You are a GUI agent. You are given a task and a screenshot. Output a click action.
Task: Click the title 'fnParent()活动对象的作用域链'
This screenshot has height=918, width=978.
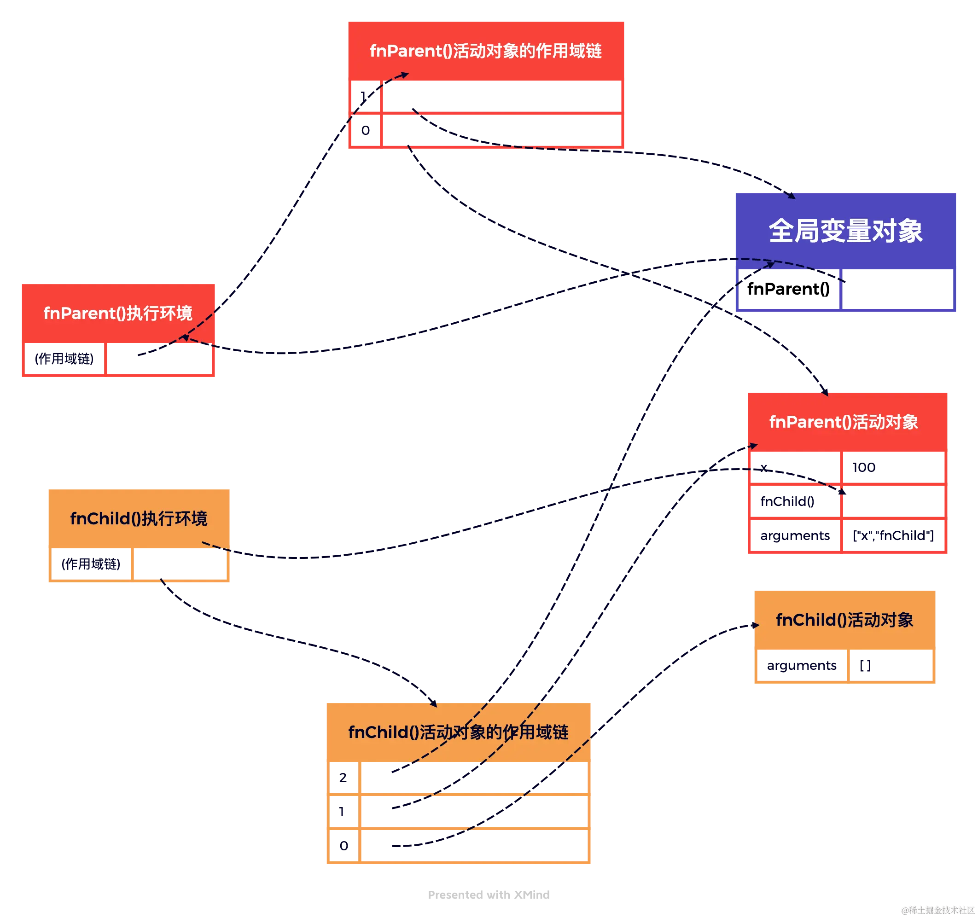pos(486,51)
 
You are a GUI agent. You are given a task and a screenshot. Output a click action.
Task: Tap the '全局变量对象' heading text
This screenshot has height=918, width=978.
pos(845,231)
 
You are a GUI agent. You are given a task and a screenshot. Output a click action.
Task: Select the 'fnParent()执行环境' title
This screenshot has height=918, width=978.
pos(117,314)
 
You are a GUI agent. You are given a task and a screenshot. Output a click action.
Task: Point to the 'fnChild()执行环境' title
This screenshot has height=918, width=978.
pos(139,518)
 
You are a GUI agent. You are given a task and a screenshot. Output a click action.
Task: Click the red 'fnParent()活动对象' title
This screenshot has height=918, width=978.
pos(843,422)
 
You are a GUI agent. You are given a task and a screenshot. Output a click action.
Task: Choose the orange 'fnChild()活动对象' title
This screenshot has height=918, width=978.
pos(844,620)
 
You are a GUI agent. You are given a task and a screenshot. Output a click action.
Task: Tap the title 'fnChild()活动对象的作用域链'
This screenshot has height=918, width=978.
pos(458,732)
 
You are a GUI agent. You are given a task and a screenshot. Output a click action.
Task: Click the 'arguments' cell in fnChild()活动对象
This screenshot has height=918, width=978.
pos(801,665)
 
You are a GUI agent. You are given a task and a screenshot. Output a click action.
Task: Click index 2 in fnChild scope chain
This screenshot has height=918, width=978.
pos(344,777)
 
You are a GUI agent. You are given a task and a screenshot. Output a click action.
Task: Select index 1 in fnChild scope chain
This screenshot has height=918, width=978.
pos(343,812)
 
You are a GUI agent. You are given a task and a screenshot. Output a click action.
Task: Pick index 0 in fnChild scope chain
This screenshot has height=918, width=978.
pos(344,846)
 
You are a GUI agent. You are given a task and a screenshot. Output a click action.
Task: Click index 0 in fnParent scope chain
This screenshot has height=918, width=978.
pos(366,130)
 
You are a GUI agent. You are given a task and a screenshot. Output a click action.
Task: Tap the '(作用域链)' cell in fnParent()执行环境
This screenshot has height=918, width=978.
pos(64,359)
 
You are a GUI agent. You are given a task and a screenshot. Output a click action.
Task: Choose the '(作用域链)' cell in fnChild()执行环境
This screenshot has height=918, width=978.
pos(91,564)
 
